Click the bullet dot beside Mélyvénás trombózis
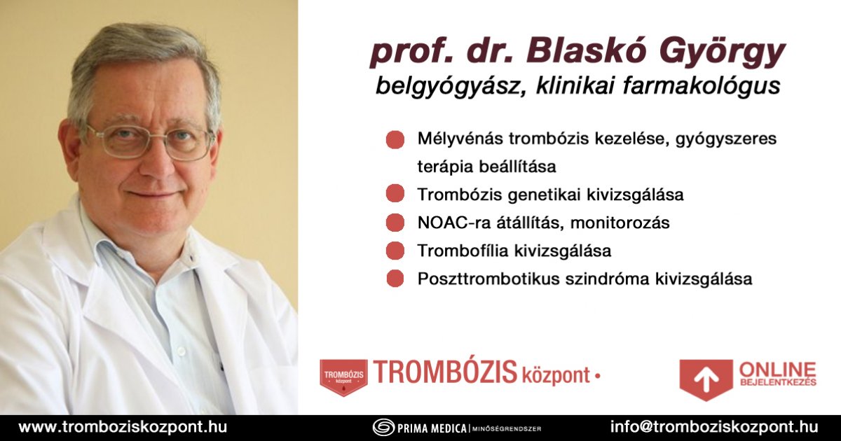[395, 139]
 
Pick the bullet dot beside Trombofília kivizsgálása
[395, 251]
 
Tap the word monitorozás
[620, 223]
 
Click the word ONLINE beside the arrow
[778, 370]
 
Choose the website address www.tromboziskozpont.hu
[123, 427]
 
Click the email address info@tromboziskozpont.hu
[714, 427]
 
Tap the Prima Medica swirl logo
[383, 428]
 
